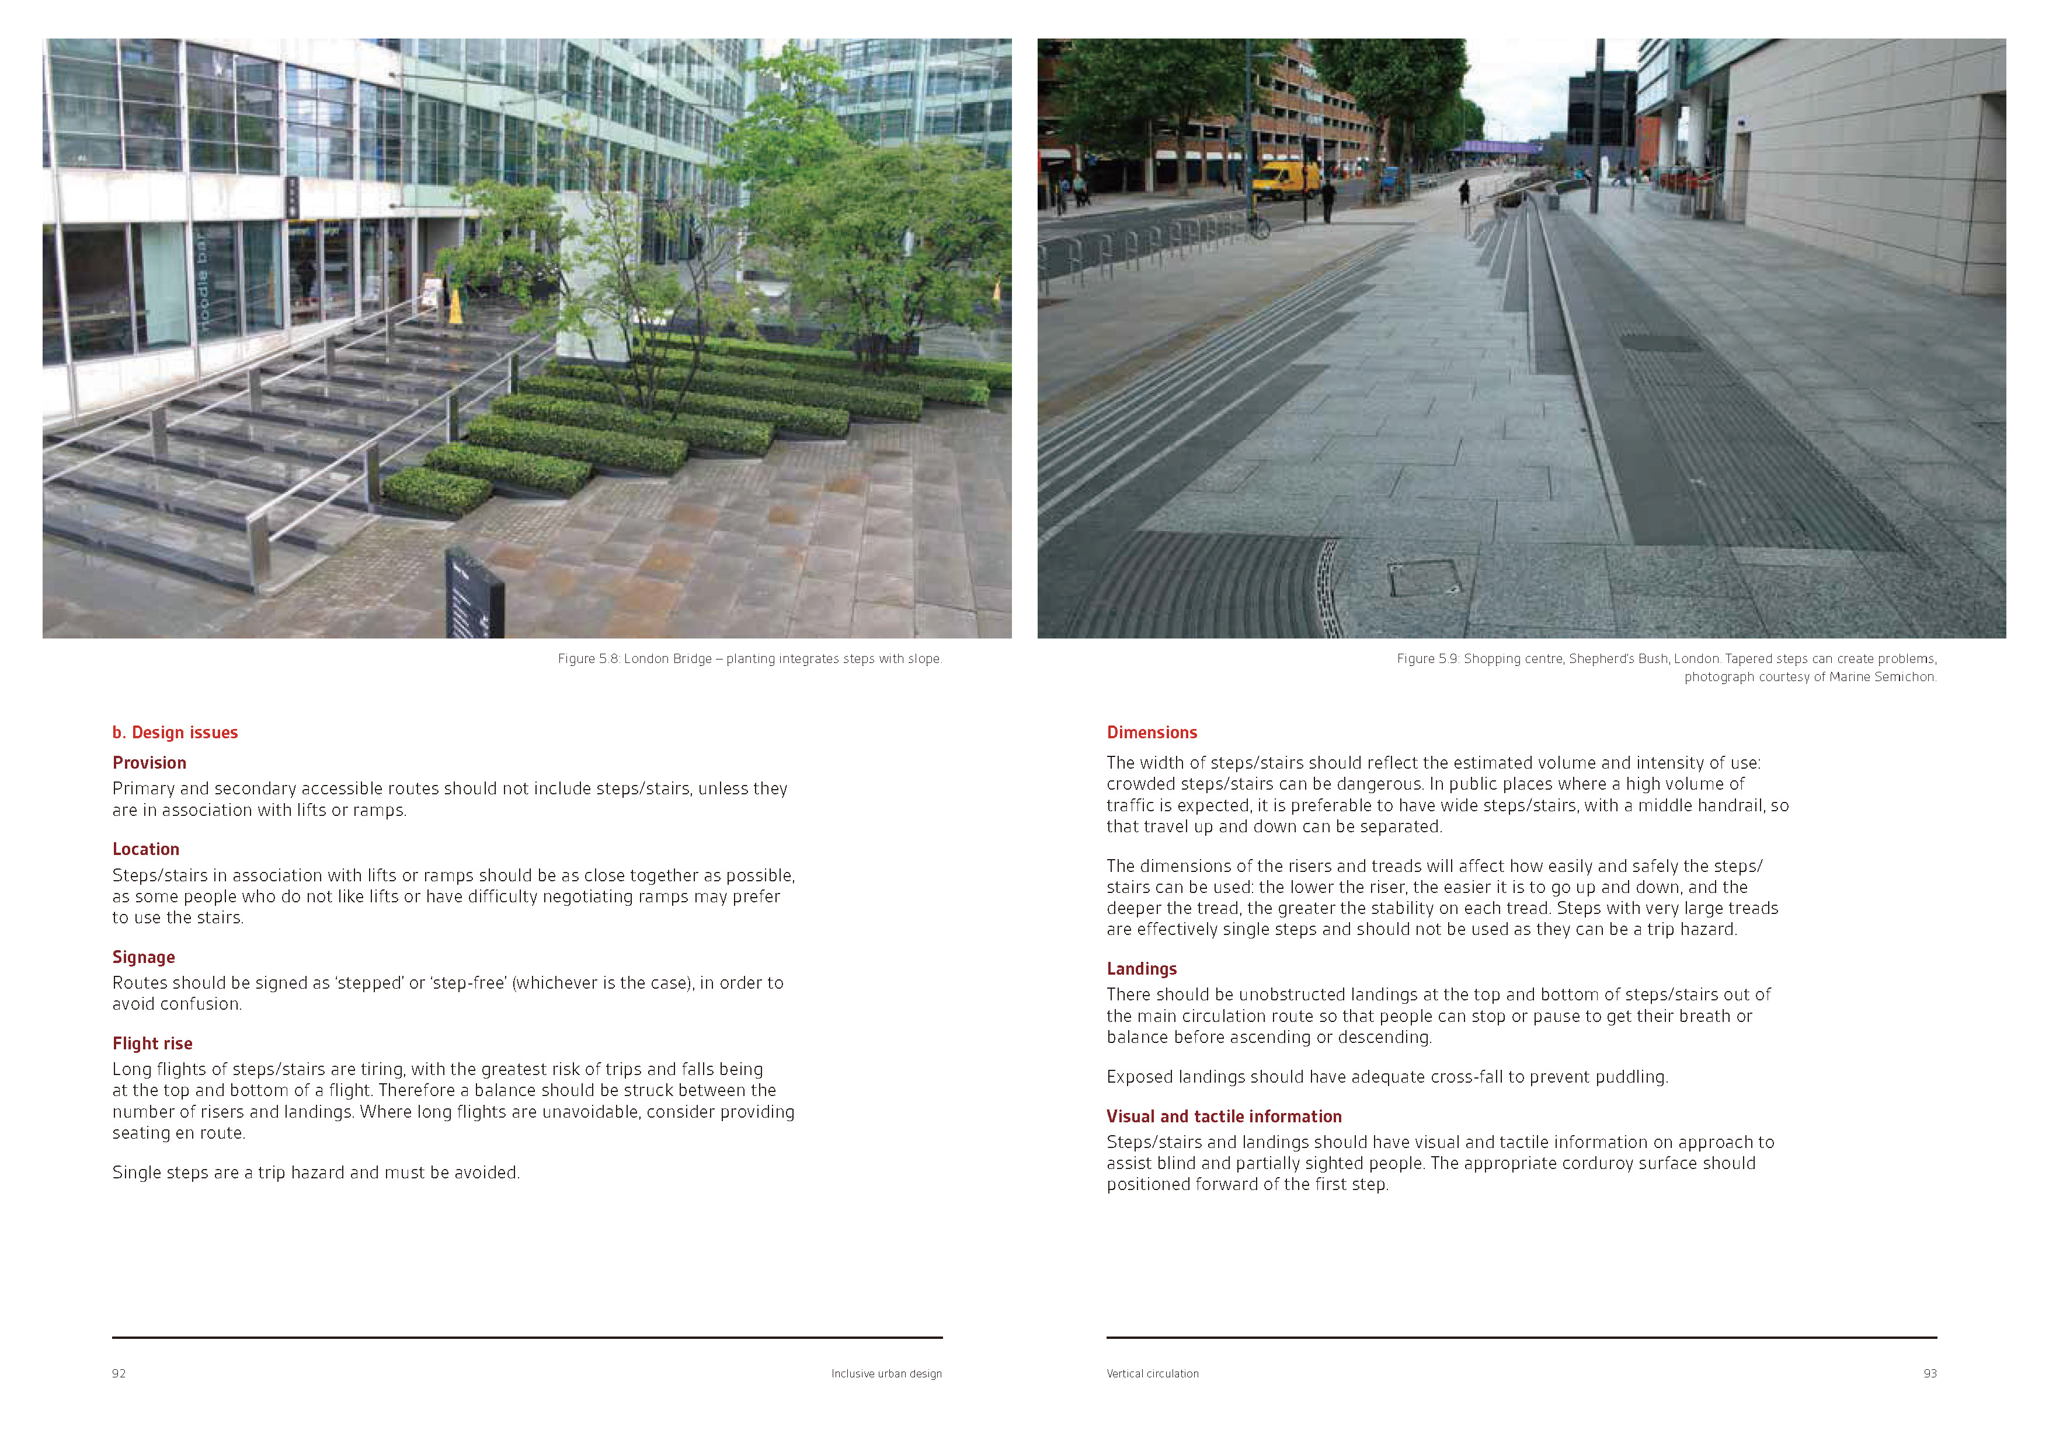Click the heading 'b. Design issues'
(x=175, y=732)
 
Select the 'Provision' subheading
(x=149, y=763)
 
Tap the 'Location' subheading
(x=145, y=849)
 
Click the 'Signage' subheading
(x=144, y=957)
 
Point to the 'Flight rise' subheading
(x=152, y=1044)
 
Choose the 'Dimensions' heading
(x=1152, y=732)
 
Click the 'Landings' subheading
(x=1142, y=969)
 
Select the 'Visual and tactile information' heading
(x=1223, y=1117)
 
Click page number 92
(x=119, y=1374)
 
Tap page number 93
(x=1929, y=1374)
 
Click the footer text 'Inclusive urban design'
(x=886, y=1374)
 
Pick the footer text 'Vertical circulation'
(x=1152, y=1374)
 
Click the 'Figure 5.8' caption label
(x=588, y=660)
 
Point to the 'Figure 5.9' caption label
(x=1427, y=660)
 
